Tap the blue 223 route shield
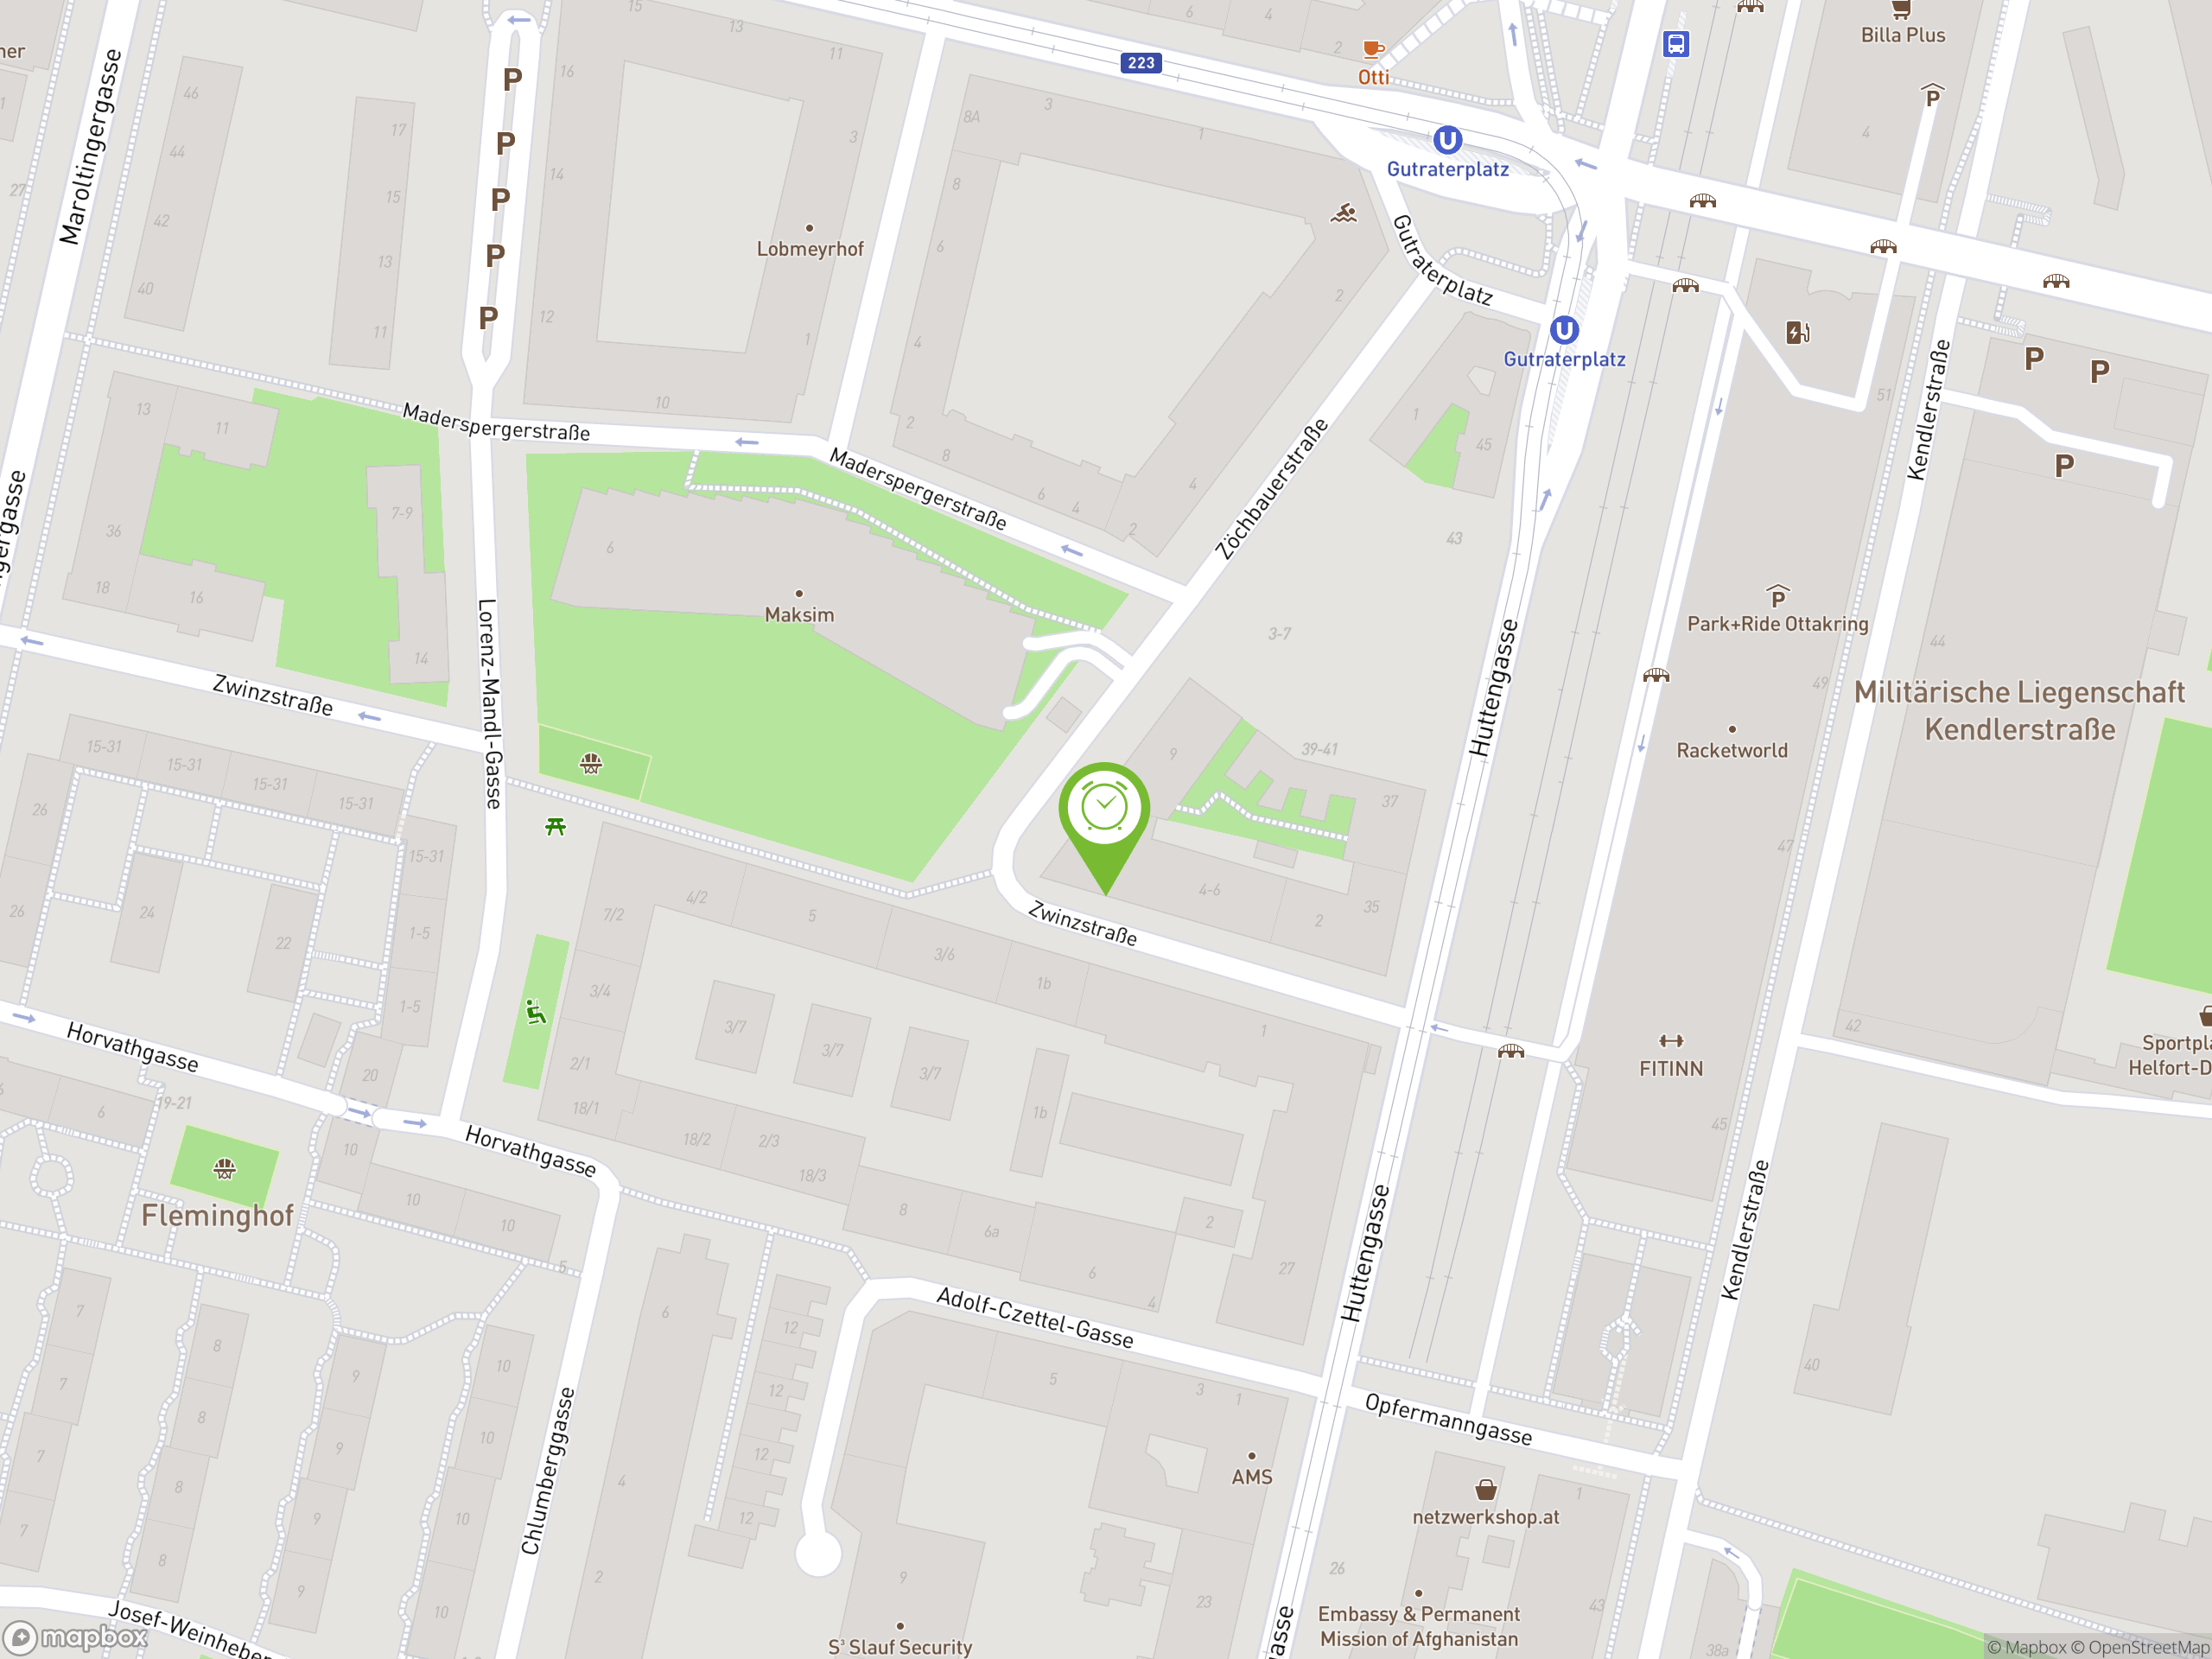pyautogui.click(x=1141, y=63)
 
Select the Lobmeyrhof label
pyautogui.click(x=809, y=249)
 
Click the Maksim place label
pyautogui.click(x=799, y=614)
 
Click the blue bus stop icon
pyautogui.click(x=1676, y=44)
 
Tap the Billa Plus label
pyautogui.click(x=1902, y=35)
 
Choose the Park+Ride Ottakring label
pyautogui.click(x=1777, y=624)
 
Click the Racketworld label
pyautogui.click(x=1731, y=750)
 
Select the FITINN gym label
pyautogui.click(x=1670, y=1068)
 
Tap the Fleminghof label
pyautogui.click(x=217, y=1215)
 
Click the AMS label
pyautogui.click(x=1251, y=1476)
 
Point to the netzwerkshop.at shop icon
pyautogui.click(x=1486, y=1490)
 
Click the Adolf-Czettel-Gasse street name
pyautogui.click(x=1034, y=1318)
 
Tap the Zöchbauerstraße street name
pyautogui.click(x=1271, y=489)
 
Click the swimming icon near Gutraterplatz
pyautogui.click(x=1343, y=213)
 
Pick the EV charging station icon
pyautogui.click(x=1797, y=332)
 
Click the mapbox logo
pyautogui.click(x=77, y=1637)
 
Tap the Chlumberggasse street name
pyautogui.click(x=547, y=1470)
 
